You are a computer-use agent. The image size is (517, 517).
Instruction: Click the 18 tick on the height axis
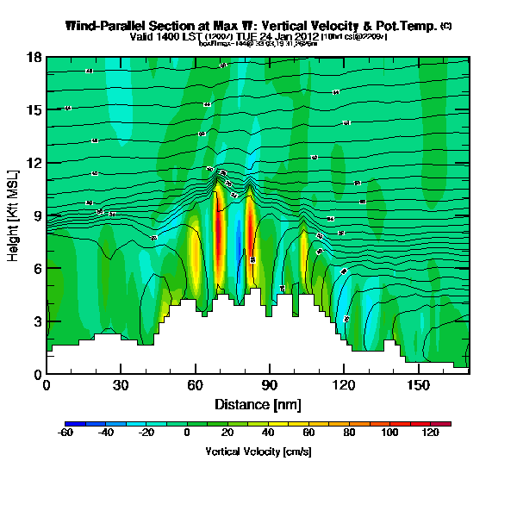[x=35, y=57]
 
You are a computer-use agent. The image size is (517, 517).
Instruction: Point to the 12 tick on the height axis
[x=35, y=163]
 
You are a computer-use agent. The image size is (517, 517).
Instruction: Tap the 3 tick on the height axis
[x=38, y=321]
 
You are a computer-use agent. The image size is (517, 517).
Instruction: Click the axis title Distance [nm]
[x=258, y=403]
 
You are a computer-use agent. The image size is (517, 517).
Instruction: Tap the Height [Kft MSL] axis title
[x=15, y=215]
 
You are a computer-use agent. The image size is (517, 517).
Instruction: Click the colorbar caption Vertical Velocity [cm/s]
[x=258, y=452]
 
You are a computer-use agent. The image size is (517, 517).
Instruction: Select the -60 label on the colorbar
[x=65, y=433]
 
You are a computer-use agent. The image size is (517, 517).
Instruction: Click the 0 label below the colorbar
[x=187, y=433]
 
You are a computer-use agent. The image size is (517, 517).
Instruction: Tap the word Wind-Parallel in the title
[x=102, y=26]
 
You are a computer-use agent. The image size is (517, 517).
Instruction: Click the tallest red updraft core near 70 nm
[x=219, y=233]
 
